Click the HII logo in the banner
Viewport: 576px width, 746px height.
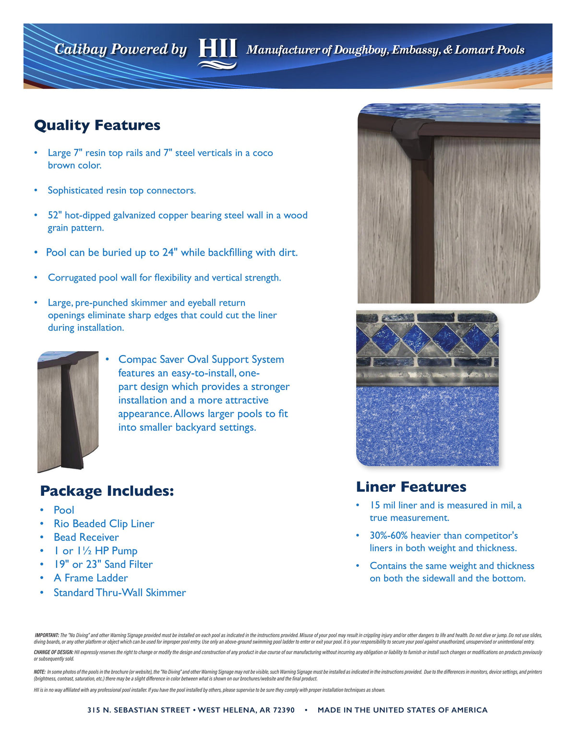217,52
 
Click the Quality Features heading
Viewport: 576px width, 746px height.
97,125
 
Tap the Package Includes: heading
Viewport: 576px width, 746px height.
107,491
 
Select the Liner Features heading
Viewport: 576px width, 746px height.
411,487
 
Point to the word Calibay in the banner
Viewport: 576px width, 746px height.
81,49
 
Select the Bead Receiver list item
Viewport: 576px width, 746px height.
86,538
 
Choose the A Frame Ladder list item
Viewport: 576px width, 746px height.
91,578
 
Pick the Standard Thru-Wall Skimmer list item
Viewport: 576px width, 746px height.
120,593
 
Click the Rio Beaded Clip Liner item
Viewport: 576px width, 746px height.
104,524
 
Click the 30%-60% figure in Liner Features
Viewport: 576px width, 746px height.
388,536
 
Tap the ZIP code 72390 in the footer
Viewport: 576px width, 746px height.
283,710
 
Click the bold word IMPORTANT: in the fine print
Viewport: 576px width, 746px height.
47,635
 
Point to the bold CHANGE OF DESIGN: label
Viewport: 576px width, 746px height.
53,652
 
